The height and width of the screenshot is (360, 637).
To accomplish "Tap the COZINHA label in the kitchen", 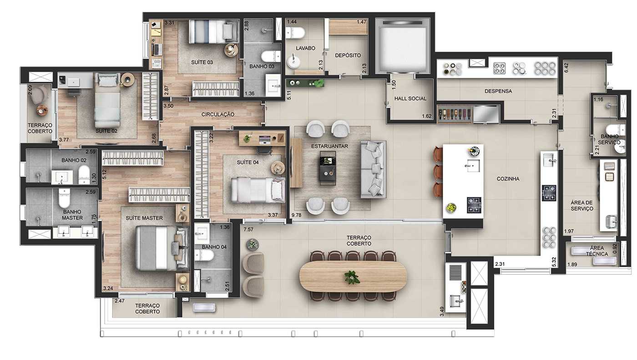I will [508, 179].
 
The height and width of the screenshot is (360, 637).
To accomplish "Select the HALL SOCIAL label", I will [410, 98].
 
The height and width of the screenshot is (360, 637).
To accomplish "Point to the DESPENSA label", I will [498, 91].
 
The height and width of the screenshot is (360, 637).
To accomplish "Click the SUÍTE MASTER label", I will [144, 218].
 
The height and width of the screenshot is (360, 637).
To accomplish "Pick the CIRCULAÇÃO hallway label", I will [217, 114].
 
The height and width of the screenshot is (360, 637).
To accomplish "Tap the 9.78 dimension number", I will [296, 215].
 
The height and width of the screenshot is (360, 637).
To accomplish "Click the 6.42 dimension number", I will [566, 68].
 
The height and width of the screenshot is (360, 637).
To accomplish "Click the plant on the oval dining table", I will [352, 277].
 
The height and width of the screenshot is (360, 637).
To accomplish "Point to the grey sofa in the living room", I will [373, 169].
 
